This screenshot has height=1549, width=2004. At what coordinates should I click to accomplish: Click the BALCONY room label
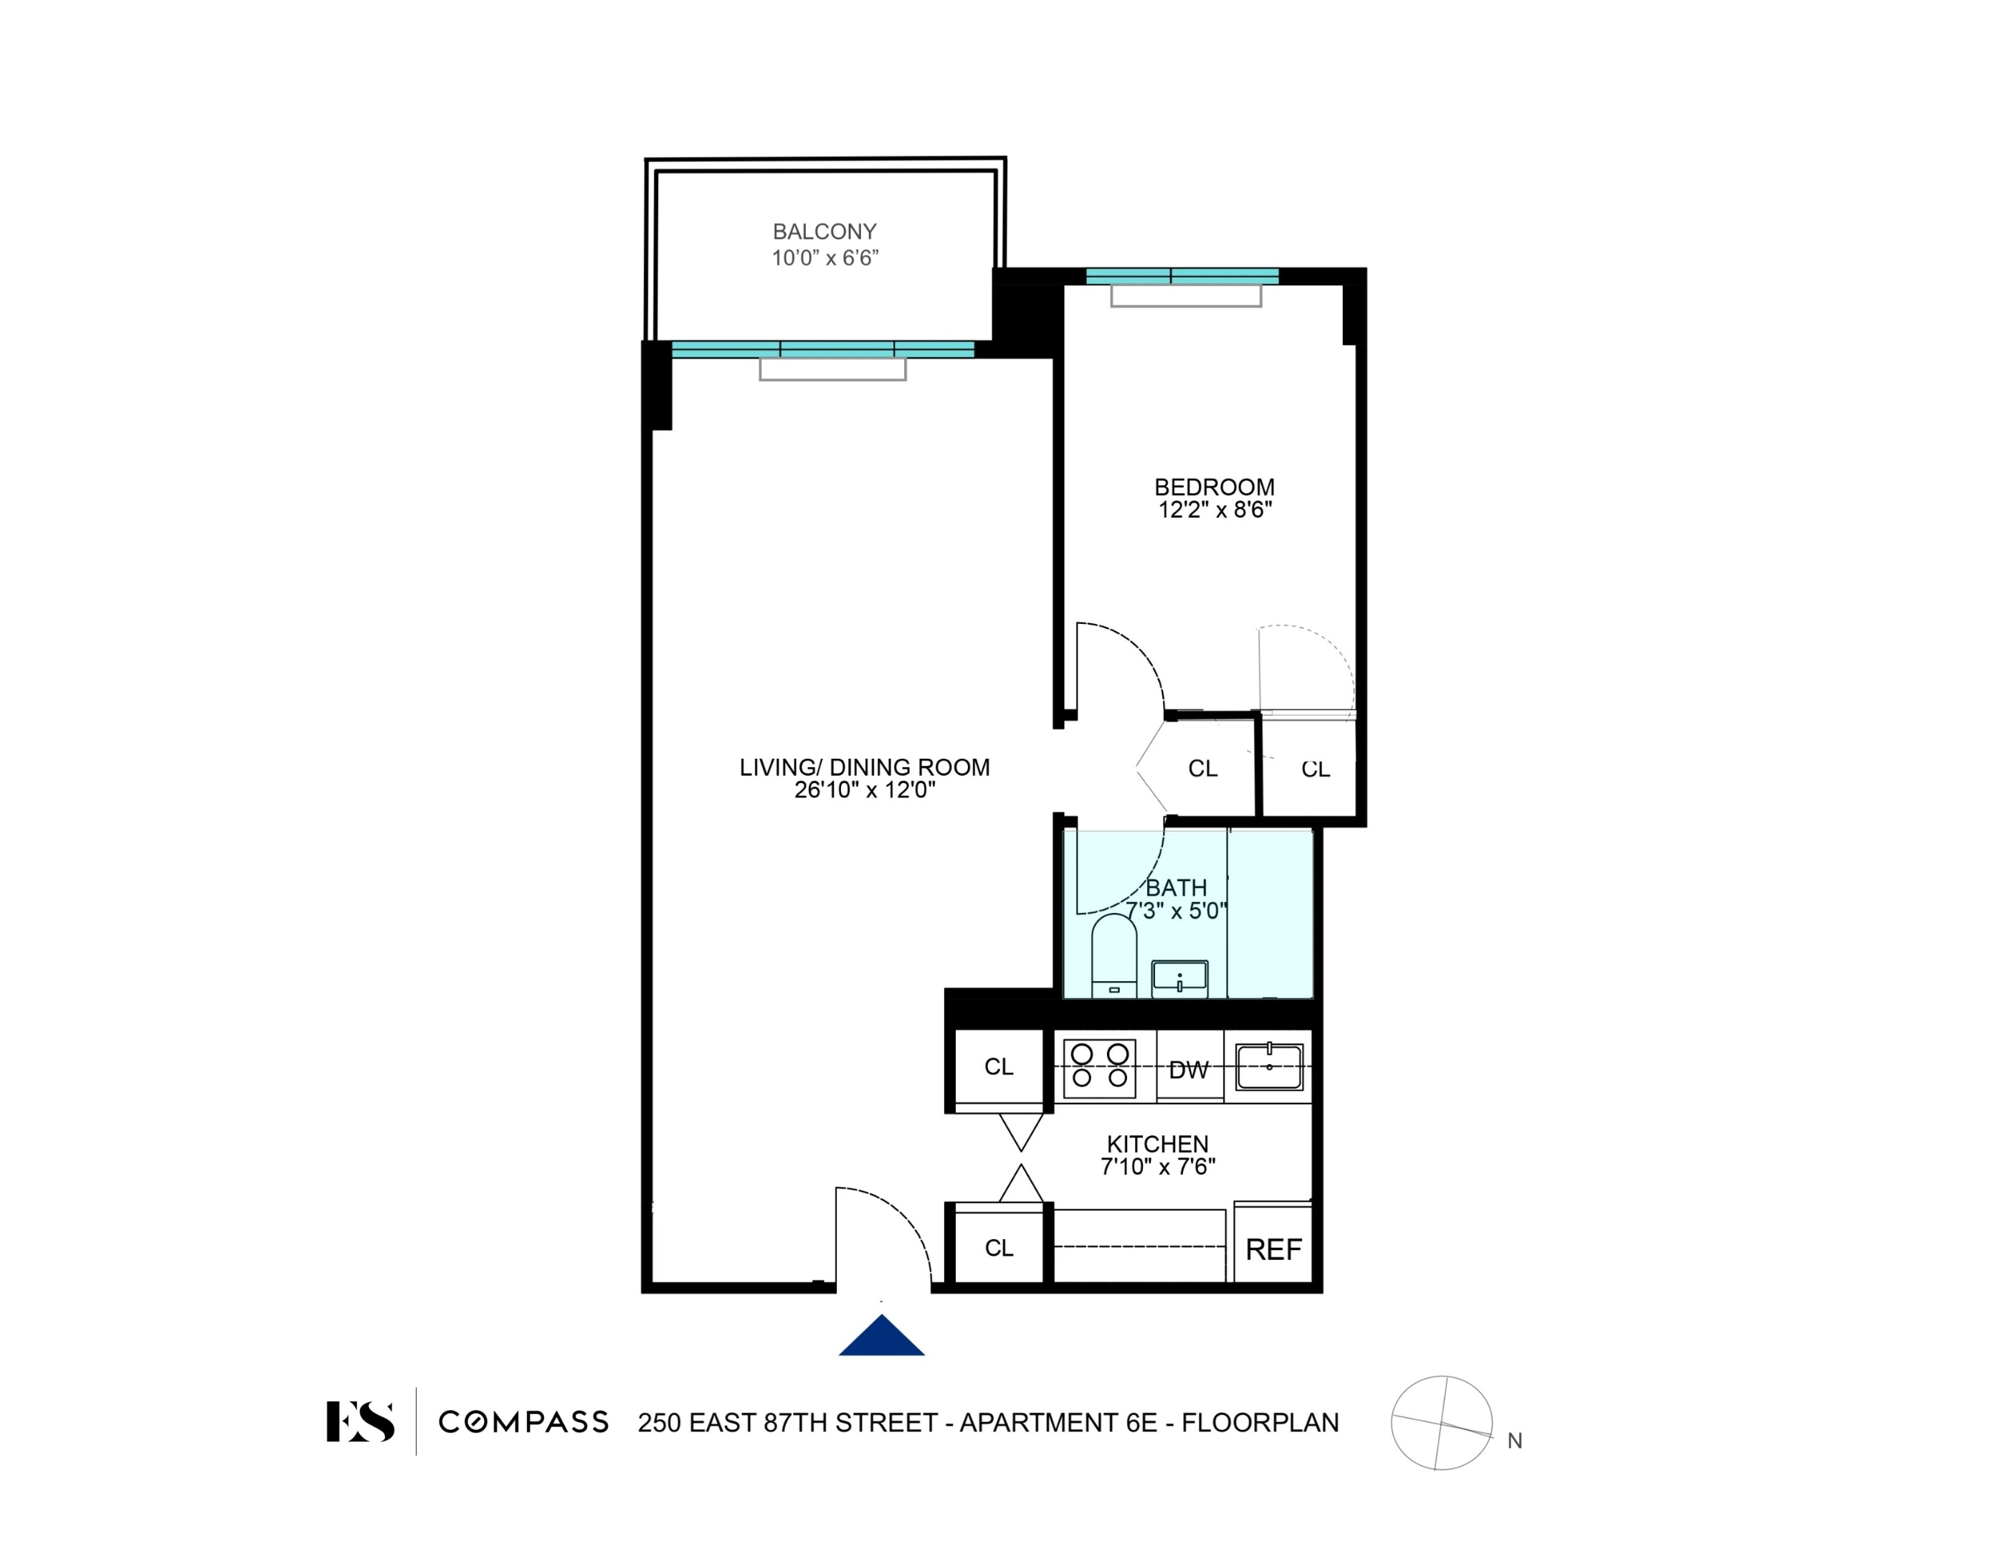[824, 231]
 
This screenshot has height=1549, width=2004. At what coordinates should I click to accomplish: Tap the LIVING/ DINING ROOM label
[865, 767]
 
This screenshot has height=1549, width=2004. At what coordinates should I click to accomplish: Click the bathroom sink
[1179, 978]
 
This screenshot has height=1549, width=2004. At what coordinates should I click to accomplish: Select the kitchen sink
[1269, 1067]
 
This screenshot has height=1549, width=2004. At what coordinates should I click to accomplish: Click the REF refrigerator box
[1273, 1249]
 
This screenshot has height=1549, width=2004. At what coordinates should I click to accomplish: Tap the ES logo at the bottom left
[361, 1421]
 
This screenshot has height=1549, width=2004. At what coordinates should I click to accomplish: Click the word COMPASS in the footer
[523, 1422]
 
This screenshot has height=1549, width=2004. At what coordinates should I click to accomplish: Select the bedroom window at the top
[1182, 276]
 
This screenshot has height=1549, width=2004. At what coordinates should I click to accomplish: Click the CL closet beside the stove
[998, 1067]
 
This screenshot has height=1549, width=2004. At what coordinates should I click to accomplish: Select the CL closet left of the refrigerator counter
[998, 1248]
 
